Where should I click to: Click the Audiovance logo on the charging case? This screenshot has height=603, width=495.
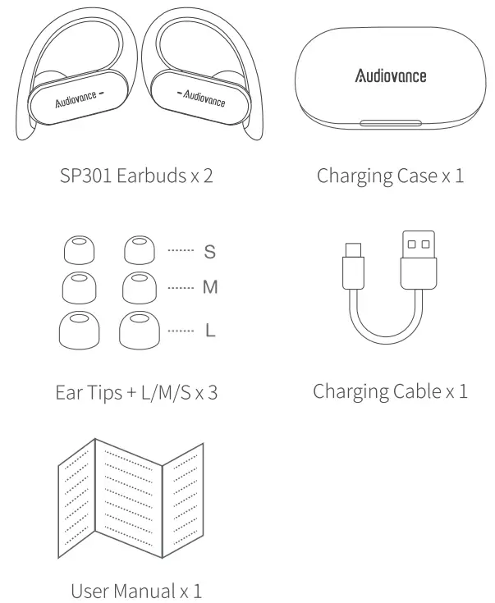click(x=390, y=76)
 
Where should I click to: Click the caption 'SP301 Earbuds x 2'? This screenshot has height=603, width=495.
click(x=136, y=176)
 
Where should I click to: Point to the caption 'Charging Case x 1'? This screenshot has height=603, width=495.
click(x=390, y=176)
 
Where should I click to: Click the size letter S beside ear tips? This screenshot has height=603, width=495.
click(x=209, y=252)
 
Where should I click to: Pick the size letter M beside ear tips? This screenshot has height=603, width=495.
click(x=210, y=289)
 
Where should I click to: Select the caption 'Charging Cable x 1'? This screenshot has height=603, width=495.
click(x=390, y=391)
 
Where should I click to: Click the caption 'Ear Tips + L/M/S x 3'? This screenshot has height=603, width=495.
click(x=136, y=391)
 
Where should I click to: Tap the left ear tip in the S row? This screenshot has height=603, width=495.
click(x=80, y=251)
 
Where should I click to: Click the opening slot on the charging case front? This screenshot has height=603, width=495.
click(x=391, y=125)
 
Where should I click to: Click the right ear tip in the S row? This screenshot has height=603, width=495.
click(x=138, y=251)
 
